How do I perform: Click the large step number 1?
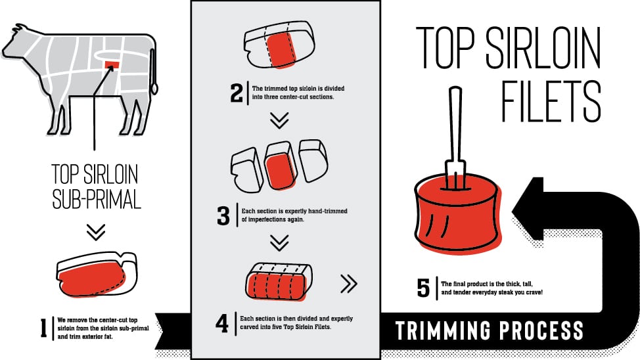click(x=43, y=328)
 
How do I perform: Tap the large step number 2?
click(x=237, y=93)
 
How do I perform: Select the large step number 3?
click(x=223, y=215)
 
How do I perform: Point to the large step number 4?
click(x=222, y=323)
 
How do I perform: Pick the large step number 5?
click(x=423, y=288)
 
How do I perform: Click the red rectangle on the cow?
click(x=112, y=64)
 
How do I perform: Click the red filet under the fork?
click(x=457, y=212)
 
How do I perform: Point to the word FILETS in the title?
click(x=551, y=101)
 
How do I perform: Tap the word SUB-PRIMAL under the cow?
click(x=97, y=199)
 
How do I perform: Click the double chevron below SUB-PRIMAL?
click(x=96, y=232)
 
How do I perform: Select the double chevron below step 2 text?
click(x=280, y=120)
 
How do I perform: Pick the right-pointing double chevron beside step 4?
click(x=349, y=284)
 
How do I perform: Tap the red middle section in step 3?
click(x=280, y=170)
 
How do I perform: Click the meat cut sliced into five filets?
click(x=279, y=282)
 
